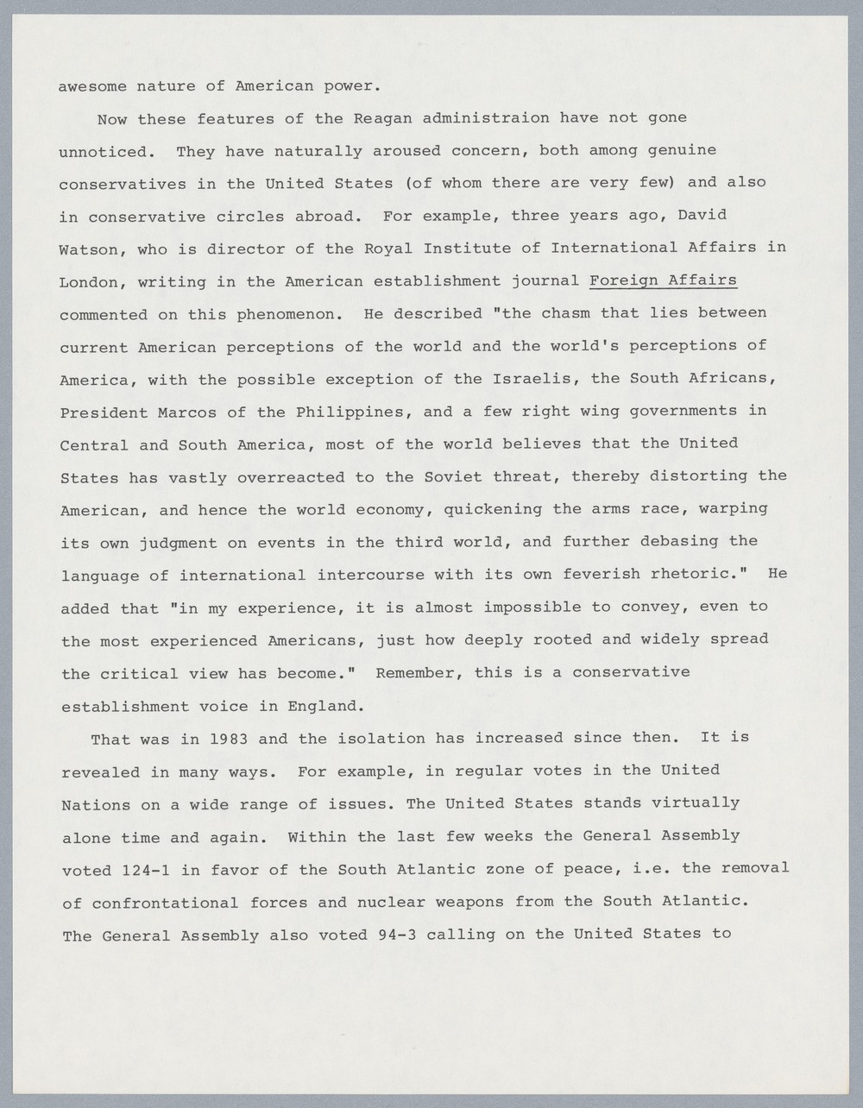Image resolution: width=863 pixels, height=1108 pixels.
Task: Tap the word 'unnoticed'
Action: [106, 152]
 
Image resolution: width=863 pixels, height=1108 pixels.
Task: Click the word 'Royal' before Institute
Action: [391, 249]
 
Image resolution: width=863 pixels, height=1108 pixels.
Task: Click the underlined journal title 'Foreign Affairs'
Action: [662, 280]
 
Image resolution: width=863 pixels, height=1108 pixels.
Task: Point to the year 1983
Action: [229, 739]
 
